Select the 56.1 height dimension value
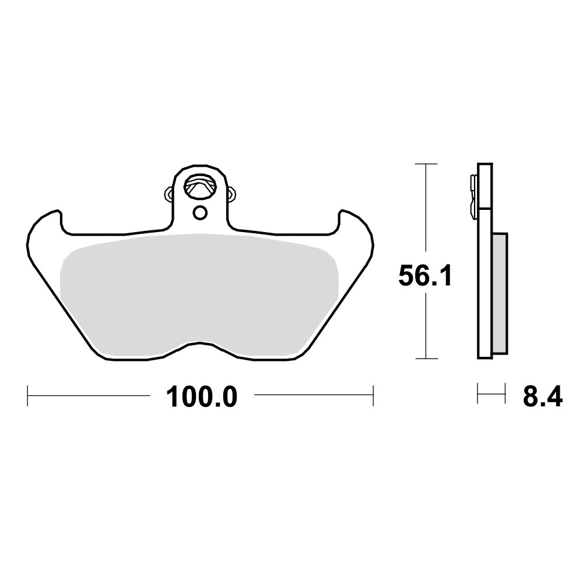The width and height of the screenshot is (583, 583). [x=426, y=275]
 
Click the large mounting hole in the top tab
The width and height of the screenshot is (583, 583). [x=199, y=187]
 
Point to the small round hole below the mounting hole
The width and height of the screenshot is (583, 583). [x=199, y=213]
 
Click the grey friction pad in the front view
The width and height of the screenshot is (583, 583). [x=198, y=291]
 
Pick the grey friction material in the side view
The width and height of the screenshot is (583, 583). [x=500, y=291]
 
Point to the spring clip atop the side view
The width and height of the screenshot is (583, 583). [x=472, y=195]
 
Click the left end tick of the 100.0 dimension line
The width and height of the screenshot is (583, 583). [x=28, y=395]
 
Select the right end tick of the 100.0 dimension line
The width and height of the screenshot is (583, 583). [x=373, y=395]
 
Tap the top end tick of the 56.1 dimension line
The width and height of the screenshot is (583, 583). [x=427, y=164]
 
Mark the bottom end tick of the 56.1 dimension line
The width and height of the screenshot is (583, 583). [x=427, y=359]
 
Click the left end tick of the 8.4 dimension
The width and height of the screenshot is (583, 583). [x=478, y=394]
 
